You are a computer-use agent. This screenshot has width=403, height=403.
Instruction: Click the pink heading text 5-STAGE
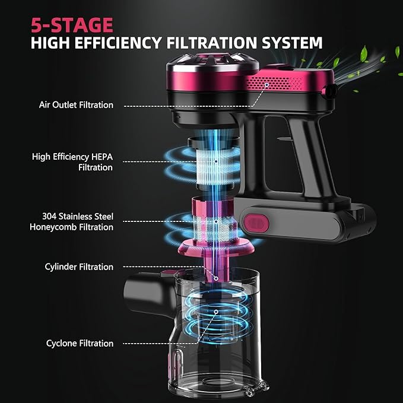point(72,25)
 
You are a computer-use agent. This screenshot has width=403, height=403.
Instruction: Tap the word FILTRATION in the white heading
point(212,43)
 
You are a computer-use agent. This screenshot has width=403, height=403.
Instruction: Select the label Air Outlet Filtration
point(76,105)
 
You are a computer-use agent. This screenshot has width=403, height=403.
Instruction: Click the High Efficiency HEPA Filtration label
point(72,162)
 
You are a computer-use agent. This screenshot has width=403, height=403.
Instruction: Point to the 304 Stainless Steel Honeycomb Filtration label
point(71,221)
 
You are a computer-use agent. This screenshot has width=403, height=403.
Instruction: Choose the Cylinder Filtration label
point(79,266)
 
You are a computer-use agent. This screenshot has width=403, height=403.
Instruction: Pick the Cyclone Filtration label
point(80,344)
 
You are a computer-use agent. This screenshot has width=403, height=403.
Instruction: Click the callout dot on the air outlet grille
point(266,85)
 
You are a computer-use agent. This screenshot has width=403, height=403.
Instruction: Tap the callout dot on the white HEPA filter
point(216,161)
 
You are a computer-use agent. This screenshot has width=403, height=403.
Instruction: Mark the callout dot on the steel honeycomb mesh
point(216,221)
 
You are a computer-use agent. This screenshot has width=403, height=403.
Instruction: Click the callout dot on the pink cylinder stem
point(216,278)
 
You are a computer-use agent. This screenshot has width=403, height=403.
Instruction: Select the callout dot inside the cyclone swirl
point(216,312)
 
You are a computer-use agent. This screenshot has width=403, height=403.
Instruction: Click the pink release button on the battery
point(256,223)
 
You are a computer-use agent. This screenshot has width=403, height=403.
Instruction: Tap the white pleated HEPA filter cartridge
point(215,166)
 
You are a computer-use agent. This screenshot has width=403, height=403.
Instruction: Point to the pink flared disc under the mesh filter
point(216,247)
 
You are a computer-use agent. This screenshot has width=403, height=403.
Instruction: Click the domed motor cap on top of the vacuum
point(212,64)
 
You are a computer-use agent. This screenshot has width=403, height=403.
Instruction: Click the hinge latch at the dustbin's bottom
point(256,388)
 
